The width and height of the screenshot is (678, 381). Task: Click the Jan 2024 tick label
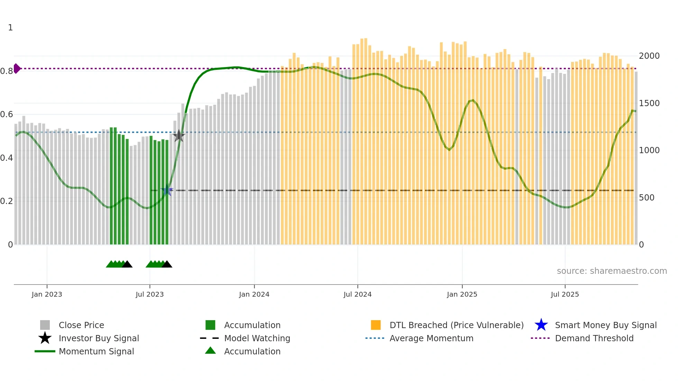pos(254,294)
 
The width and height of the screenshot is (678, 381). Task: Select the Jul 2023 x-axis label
pos(149,294)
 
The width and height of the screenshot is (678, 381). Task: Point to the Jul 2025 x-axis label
pos(565,294)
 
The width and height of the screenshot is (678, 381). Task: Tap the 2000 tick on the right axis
pos(649,56)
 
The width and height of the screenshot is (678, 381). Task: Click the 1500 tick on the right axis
pos(649,103)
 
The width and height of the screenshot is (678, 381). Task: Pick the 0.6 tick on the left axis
pos(7,114)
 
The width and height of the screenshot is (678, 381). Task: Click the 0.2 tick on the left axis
pos(7,201)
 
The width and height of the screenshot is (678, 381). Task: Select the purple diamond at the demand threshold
pos(17,68)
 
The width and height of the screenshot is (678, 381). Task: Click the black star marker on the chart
pos(178,136)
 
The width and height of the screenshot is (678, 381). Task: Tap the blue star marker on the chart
pos(167,190)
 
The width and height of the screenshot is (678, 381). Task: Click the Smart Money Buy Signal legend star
pos(541,325)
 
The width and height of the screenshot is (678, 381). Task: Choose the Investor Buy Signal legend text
pos(99,338)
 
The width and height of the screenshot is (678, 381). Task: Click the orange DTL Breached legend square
pos(376,325)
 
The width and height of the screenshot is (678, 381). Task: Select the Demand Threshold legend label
pos(594,338)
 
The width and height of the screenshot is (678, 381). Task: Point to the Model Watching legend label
pos(257,338)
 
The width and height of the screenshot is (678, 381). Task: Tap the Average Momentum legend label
pos(431,338)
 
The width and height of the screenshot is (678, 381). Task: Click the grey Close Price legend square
pos(45,325)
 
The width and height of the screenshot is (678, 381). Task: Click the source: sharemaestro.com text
pos(612,271)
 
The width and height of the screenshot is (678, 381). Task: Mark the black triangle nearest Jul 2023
pos(167,264)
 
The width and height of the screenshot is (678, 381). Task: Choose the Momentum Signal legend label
pos(96,351)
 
